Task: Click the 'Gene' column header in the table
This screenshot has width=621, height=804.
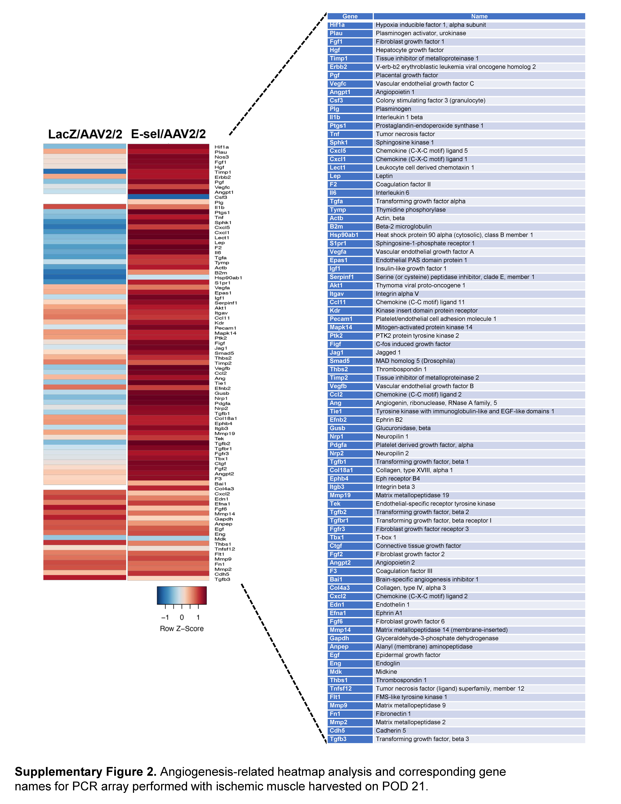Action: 350,16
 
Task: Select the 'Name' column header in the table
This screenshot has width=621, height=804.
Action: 479,16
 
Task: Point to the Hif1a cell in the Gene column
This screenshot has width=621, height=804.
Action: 350,25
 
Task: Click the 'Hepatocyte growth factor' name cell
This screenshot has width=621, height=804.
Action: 409,50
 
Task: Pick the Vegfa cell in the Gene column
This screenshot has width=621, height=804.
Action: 350,252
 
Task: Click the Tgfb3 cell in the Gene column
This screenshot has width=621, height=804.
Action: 350,739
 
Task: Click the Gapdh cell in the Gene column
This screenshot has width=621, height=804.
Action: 350,638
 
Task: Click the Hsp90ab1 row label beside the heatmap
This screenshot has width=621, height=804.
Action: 228,278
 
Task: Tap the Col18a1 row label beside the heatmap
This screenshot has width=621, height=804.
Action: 226,419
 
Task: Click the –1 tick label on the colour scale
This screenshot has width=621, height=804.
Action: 165,617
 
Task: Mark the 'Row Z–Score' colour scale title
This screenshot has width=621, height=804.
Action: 182,629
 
